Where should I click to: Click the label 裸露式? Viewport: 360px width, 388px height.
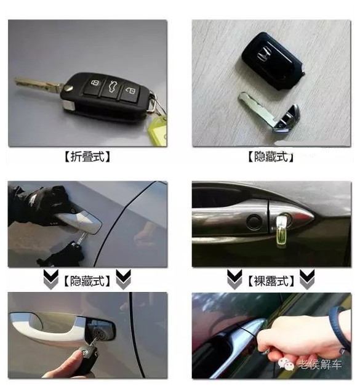point(271,281)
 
